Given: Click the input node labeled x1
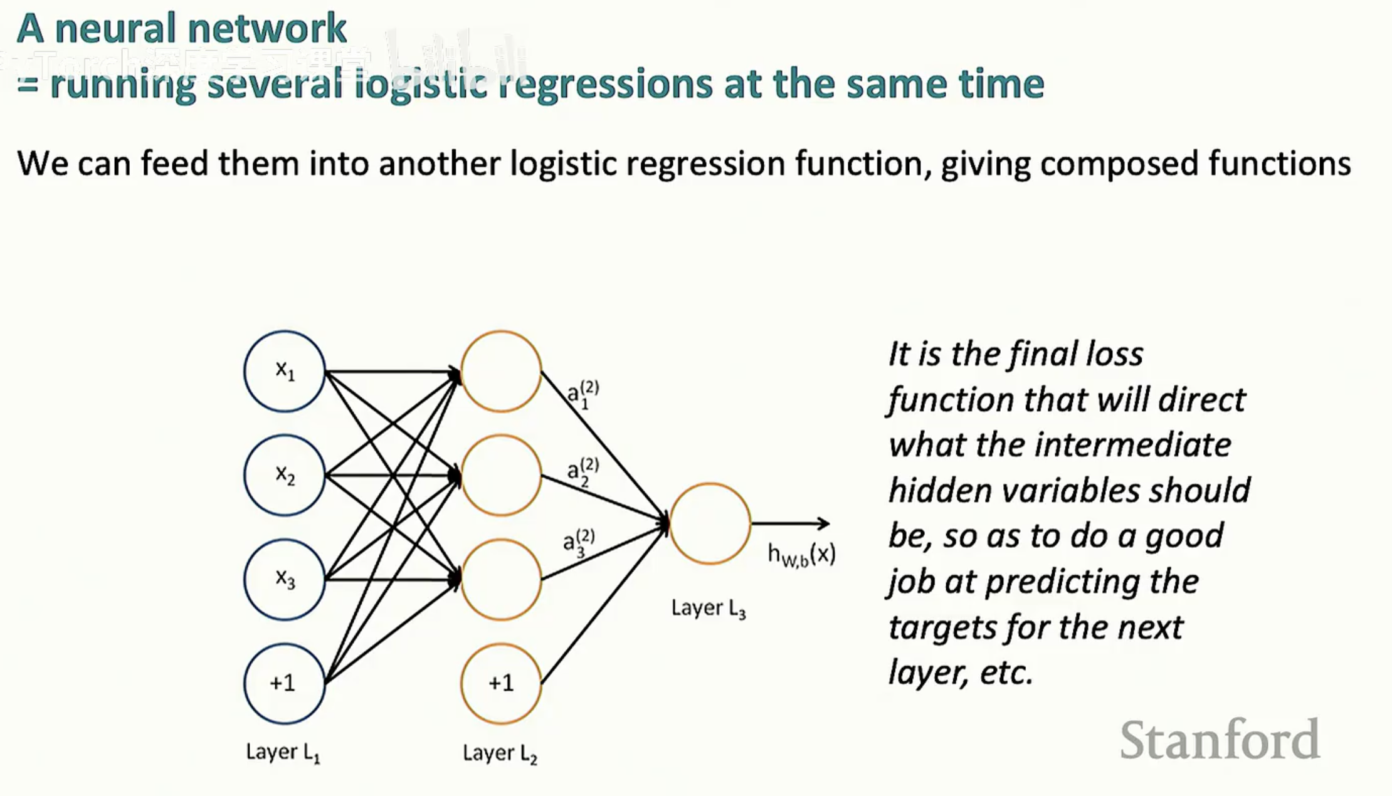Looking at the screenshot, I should click(284, 371).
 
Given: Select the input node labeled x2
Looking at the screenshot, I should click(284, 475).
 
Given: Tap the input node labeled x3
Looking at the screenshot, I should click(284, 579).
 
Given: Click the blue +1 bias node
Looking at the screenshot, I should click(284, 683).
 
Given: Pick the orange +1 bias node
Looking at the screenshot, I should click(501, 683).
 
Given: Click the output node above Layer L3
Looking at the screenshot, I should click(710, 523).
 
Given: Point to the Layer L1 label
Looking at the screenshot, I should click(283, 752).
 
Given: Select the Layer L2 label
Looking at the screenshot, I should click(500, 753).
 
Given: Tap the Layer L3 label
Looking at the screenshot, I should click(708, 608).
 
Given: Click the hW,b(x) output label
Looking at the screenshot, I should click(801, 554).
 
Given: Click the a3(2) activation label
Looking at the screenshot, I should click(579, 543).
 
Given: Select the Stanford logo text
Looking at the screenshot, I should click(1220, 740).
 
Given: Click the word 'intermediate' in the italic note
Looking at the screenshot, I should click(1132, 445).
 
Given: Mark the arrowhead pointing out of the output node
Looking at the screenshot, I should click(824, 523).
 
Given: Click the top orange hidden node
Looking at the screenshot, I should click(501, 371).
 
